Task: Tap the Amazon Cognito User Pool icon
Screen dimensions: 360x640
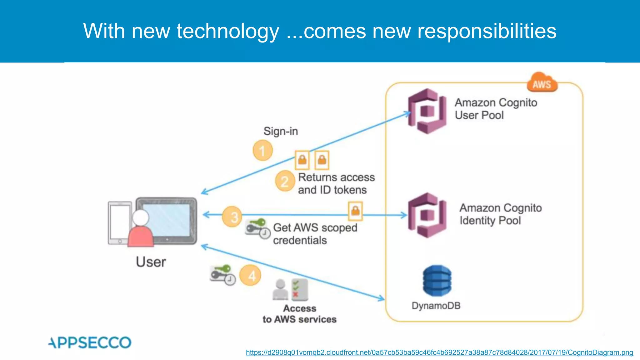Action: (x=427, y=111)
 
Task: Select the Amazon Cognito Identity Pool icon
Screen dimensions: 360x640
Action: (x=427, y=215)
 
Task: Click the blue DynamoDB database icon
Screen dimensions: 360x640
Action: (x=437, y=281)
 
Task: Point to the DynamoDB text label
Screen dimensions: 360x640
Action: (x=436, y=306)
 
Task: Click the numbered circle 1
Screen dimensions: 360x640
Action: (x=262, y=151)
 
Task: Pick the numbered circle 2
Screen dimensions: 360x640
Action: (x=285, y=181)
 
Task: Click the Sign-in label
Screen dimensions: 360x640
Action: (x=281, y=131)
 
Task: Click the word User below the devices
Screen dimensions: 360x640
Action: (x=151, y=262)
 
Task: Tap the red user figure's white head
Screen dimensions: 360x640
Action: (x=141, y=218)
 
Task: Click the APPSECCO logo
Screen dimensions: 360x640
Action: (x=90, y=342)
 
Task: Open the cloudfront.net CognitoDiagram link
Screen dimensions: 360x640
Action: (x=439, y=352)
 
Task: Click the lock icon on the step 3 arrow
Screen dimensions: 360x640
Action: (x=355, y=211)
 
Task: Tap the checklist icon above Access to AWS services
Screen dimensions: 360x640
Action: (x=299, y=289)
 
